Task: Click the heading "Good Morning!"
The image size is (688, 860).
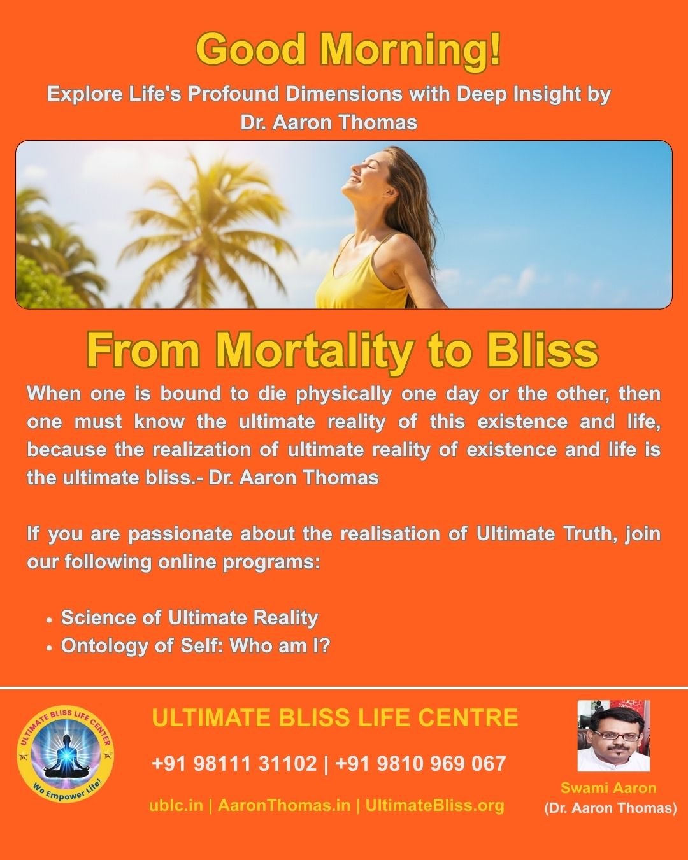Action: [348, 49]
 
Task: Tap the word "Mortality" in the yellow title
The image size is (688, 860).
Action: [312, 350]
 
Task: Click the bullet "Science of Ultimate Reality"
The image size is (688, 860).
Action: [189, 617]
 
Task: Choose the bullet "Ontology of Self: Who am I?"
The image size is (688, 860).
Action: [196, 646]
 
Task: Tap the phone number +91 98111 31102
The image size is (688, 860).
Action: [234, 763]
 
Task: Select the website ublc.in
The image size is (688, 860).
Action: [176, 805]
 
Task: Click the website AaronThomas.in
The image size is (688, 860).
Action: [284, 805]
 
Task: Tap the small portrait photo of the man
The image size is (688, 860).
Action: [613, 736]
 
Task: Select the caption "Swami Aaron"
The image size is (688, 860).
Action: [608, 788]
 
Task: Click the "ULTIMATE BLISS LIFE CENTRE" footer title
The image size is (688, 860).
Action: [335, 718]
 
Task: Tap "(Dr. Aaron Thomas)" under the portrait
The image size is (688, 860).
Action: [610, 808]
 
